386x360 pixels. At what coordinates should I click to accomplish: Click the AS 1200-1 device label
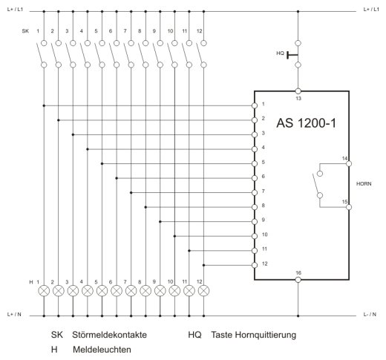[x=307, y=123]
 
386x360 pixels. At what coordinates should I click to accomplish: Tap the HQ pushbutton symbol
[x=292, y=54]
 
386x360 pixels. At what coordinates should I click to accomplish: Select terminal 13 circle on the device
[x=298, y=91]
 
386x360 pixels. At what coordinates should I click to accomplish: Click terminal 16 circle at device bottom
[x=298, y=280]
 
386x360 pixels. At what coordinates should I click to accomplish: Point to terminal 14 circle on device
[x=349, y=163]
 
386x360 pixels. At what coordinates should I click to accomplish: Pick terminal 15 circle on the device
[x=349, y=207]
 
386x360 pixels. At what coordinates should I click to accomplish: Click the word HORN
[x=364, y=184]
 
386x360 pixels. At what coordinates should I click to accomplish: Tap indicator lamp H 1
[x=44, y=291]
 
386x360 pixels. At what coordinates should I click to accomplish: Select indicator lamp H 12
[x=203, y=291]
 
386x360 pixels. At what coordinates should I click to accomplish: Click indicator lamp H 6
[x=117, y=291]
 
